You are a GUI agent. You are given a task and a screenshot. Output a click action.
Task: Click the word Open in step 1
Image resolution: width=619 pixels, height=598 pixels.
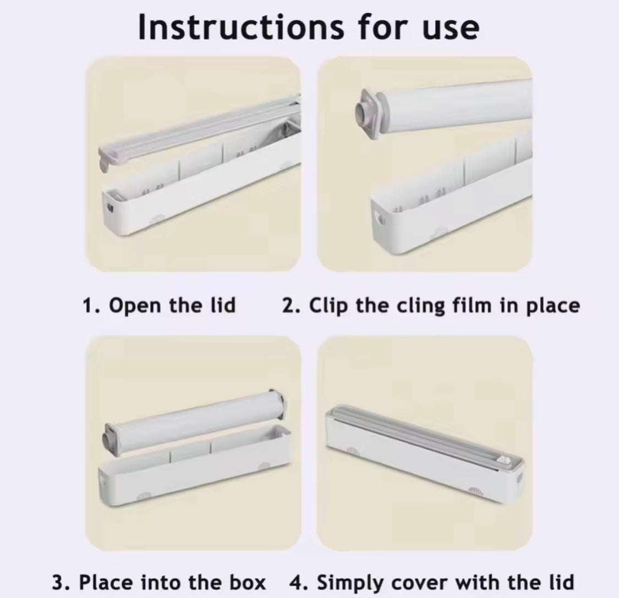click(135, 306)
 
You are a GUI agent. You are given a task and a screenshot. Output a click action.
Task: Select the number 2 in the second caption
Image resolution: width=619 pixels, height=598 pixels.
click(288, 306)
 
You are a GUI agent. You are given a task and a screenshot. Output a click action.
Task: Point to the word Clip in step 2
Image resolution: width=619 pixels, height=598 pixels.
click(328, 306)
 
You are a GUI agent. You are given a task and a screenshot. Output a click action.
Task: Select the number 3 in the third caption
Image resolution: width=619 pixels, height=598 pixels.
click(58, 583)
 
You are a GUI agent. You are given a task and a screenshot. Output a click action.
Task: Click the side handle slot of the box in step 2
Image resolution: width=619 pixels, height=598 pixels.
click(380, 217)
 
